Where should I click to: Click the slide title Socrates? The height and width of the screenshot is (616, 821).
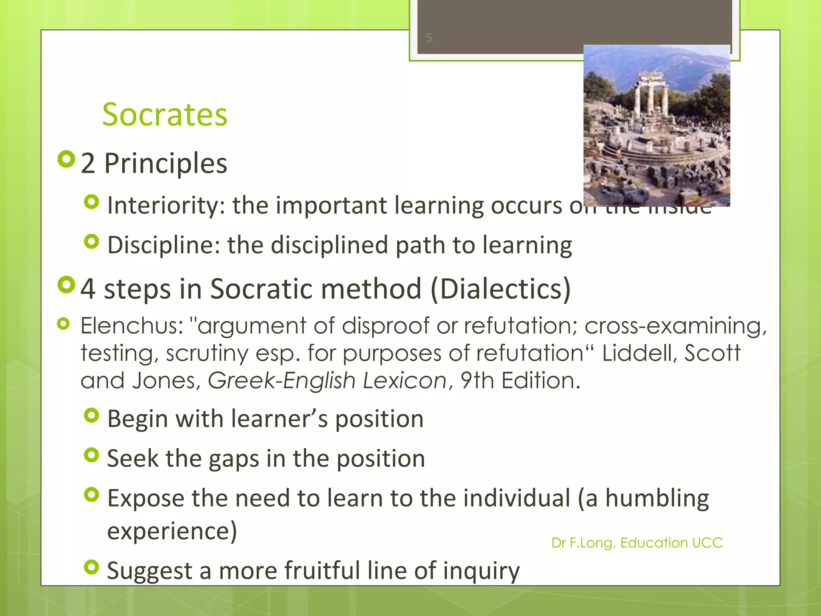(165, 115)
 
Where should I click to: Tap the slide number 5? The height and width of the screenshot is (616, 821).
(429, 38)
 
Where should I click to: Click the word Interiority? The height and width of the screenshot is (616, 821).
(164, 205)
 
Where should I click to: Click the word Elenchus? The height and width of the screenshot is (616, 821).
(131, 325)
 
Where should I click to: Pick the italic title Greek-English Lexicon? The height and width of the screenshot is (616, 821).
(327, 380)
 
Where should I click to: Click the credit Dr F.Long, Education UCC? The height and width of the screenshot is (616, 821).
(637, 543)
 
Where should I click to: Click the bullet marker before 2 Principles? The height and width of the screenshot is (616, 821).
(66, 159)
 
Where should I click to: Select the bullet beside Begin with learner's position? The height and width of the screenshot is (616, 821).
(92, 415)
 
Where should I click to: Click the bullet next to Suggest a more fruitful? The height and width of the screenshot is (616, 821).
(92, 567)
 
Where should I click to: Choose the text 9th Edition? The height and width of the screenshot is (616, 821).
(520, 380)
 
